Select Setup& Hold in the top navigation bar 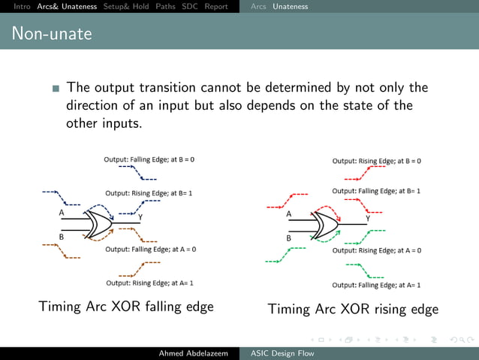(127, 7)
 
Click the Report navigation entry (216, 7)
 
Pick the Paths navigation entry (165, 7)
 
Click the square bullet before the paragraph (56, 89)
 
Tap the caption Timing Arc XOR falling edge (126, 307)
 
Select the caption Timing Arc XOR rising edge (353, 309)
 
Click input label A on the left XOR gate (62, 213)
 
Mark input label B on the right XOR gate (288, 237)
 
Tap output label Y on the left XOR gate (140, 217)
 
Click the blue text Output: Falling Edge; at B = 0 (149, 159)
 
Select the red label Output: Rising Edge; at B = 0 (376, 161)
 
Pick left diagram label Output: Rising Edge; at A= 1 (150, 283)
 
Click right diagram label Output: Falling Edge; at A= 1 (376, 285)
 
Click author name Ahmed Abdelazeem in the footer (193, 353)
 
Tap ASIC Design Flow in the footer (282, 353)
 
